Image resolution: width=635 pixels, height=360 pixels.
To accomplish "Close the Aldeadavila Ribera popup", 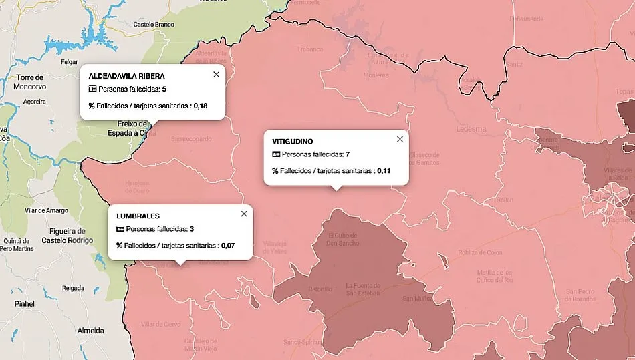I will (x=216, y=75).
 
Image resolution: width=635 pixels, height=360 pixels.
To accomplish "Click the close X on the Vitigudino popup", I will (x=400, y=139).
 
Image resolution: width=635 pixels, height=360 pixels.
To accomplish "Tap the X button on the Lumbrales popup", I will (x=244, y=214).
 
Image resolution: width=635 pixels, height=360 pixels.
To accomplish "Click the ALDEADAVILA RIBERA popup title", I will (x=126, y=76).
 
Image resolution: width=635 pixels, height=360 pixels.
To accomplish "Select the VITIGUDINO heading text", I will (x=293, y=141).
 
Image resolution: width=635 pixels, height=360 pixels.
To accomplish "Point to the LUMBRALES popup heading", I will (x=138, y=216).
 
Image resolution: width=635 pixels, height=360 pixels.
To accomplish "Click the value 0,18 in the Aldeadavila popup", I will (x=201, y=106).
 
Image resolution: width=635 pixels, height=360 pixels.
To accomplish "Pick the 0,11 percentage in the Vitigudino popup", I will (x=384, y=171).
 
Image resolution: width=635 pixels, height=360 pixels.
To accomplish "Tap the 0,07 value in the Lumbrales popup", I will (x=229, y=246).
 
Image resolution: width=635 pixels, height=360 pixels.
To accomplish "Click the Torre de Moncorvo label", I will (x=29, y=82).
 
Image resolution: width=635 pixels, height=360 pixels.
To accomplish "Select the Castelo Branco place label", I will (x=154, y=25).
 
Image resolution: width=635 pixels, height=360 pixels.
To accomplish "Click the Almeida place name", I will (x=91, y=331).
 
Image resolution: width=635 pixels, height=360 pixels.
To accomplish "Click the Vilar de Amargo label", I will (x=46, y=210).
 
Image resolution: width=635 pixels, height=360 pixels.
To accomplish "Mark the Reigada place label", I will (x=73, y=288).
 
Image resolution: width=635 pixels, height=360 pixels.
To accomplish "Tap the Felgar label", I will (x=70, y=62).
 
